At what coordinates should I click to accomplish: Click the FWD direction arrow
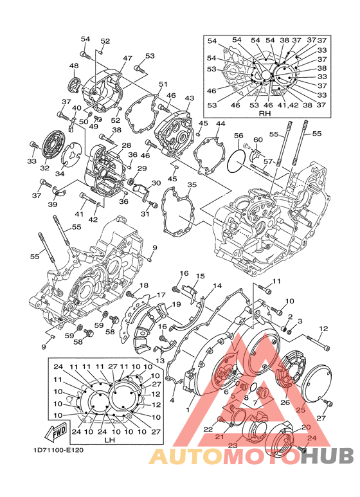[x=57, y=430]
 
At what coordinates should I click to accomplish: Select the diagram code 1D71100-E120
[x=58, y=450]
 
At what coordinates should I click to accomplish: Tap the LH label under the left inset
[x=109, y=440]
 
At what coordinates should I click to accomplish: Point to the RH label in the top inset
[x=265, y=113]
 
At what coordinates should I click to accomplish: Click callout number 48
[x=74, y=66]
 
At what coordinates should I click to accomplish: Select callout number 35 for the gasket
[x=192, y=185]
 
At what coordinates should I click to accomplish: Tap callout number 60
[x=258, y=140]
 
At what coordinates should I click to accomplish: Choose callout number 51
[x=163, y=84]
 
